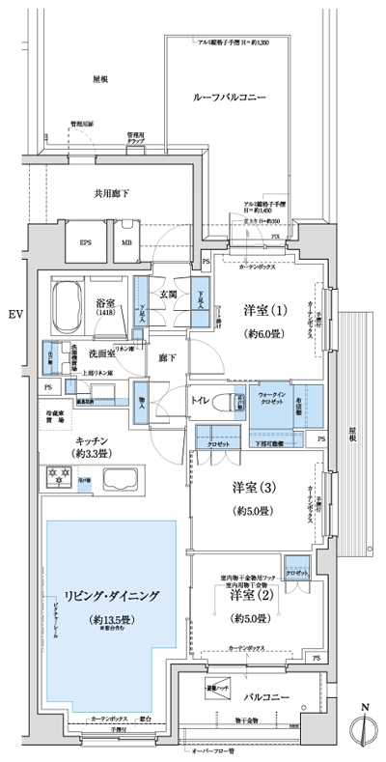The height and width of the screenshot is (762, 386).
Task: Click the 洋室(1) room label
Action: coord(264,312)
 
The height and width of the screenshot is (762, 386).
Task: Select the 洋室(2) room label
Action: coord(249,595)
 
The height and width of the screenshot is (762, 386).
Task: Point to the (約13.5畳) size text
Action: coord(114,619)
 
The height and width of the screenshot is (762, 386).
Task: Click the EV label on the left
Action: coord(14,315)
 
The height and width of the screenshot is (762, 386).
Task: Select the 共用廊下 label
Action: coord(112,192)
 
